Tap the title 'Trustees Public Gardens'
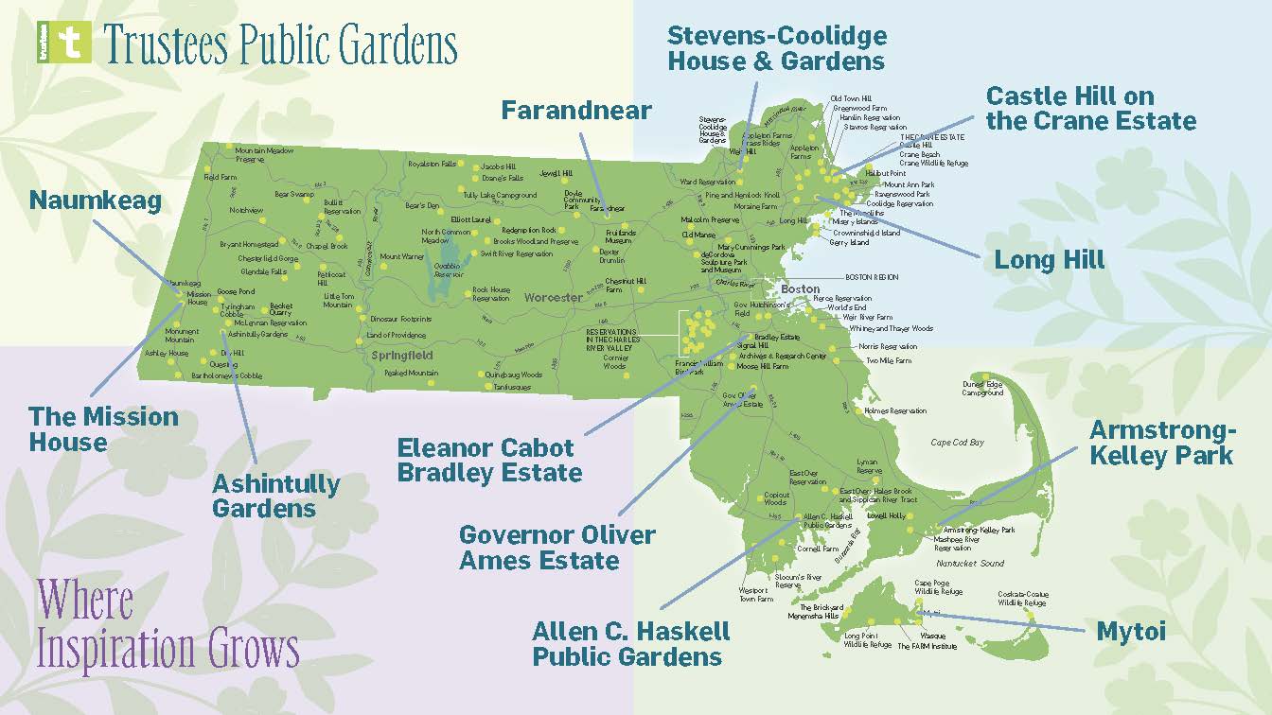pyautogui.click(x=280, y=44)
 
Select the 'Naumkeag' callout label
pyautogui.click(x=95, y=201)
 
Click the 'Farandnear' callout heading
pyautogui.click(x=576, y=111)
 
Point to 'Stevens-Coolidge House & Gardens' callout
pyautogui.click(x=776, y=49)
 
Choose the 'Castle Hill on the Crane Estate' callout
pyautogui.click(x=1090, y=109)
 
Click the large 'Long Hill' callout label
pyautogui.click(x=1049, y=260)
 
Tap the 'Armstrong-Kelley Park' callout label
pyautogui.click(x=1162, y=443)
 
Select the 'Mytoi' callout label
pyautogui.click(x=1131, y=631)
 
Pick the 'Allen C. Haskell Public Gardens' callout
pyautogui.click(x=630, y=643)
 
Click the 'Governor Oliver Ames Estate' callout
pyautogui.click(x=556, y=547)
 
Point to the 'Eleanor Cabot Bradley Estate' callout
pyautogui.click(x=489, y=460)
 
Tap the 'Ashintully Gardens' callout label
pyautogui.click(x=275, y=496)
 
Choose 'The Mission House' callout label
pyautogui.click(x=103, y=428)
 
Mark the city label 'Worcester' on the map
pyautogui.click(x=554, y=298)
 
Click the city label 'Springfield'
pyautogui.click(x=401, y=356)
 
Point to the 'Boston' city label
pyautogui.click(x=800, y=288)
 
